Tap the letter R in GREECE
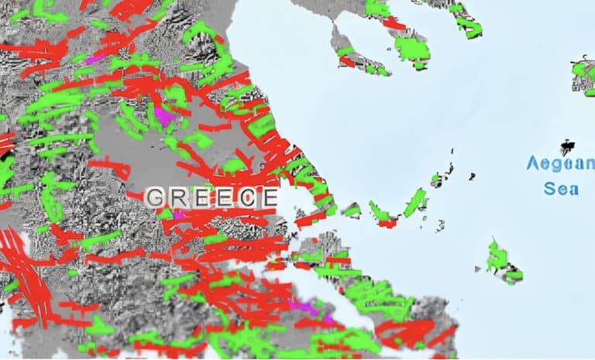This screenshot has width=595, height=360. (x=177, y=197)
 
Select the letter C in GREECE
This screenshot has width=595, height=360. (x=246, y=197)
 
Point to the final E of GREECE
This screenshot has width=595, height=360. (x=267, y=197)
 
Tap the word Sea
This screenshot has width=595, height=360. (x=560, y=188)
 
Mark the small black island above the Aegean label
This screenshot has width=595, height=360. (x=569, y=146)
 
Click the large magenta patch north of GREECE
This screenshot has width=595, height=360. (x=164, y=116)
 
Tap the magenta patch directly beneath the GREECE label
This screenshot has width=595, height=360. (x=180, y=214)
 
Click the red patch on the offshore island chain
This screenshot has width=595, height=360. (x=385, y=222)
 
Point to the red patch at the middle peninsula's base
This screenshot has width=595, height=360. (x=393, y=23)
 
